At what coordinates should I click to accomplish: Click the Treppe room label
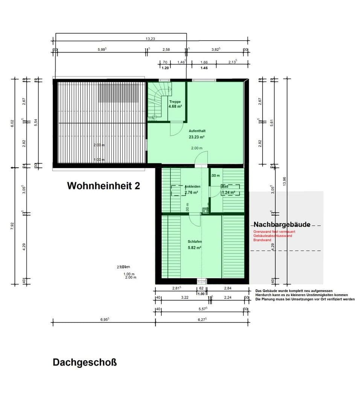click(x=175, y=101)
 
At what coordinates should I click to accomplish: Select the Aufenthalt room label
click(x=197, y=131)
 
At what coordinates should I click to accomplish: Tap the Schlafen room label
click(x=195, y=242)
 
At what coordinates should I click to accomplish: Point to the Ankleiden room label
click(x=192, y=186)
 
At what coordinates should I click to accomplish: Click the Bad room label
click(x=225, y=186)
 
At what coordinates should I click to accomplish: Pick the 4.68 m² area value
click(x=175, y=107)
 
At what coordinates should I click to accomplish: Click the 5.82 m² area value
click(x=195, y=248)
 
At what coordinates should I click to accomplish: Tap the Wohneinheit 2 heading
click(x=103, y=186)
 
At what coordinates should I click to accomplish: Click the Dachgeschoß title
click(x=85, y=363)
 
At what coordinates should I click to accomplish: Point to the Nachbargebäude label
click(x=282, y=224)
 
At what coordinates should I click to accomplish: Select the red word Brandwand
click(x=262, y=240)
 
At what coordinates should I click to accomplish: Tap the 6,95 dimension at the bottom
click(x=105, y=319)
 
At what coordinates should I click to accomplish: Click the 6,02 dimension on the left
click(x=12, y=123)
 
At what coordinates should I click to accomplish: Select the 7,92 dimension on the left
click(x=12, y=226)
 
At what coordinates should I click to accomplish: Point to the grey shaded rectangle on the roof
click(x=118, y=93)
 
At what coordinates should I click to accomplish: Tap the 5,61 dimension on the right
click(x=271, y=123)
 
